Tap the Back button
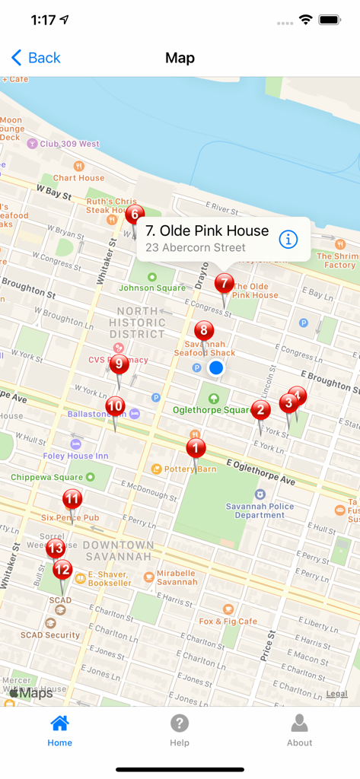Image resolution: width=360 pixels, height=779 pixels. pos(36,58)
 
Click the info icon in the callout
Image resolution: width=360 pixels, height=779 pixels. pos(288,239)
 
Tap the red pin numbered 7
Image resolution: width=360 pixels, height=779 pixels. pos(224,285)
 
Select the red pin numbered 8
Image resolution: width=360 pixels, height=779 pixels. pos(203,331)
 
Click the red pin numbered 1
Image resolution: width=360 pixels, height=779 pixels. pos(196,448)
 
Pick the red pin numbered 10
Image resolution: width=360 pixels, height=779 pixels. pos(115,406)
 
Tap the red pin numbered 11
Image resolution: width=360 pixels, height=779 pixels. pos(72,500)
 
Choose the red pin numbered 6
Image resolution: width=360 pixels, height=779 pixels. pos(135,215)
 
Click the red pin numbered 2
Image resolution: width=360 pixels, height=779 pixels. pos(261,410)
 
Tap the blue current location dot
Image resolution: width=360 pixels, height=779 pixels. pos(216,368)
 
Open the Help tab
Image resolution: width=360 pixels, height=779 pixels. pos(180,730)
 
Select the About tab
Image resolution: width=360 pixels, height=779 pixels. pos(299,730)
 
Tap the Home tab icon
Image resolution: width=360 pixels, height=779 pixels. pos(59,723)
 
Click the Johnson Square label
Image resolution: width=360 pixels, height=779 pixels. pos(152,288)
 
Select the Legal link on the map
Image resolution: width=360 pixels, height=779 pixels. pos(337,694)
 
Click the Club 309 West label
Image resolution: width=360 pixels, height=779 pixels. pos(69,144)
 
